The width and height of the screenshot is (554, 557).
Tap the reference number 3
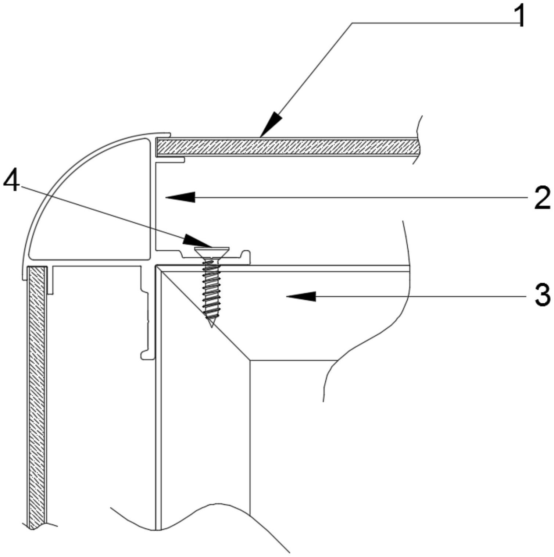542,295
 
